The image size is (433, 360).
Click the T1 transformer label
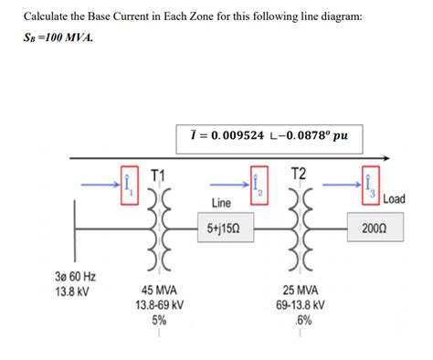coord(158,175)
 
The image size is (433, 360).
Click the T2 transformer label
coord(298,175)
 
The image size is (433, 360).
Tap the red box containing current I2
coord(257,185)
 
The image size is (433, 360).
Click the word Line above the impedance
coord(221,201)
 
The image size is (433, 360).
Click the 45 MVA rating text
coord(159,291)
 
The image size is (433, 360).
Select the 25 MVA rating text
coord(301,291)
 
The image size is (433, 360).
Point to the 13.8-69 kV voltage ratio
coord(159,305)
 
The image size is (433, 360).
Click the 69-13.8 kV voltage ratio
coord(301,305)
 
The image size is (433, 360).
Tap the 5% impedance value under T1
coord(159,320)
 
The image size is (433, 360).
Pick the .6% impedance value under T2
coord(301,320)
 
